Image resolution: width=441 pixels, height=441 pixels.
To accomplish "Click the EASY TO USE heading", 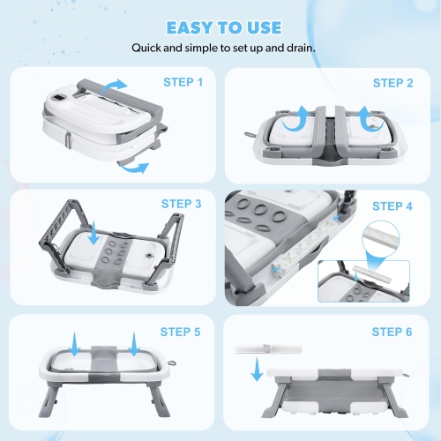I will click(220, 27).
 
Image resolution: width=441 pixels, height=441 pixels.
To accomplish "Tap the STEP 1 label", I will click(183, 82).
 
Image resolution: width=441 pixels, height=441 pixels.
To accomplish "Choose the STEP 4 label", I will click(393, 206).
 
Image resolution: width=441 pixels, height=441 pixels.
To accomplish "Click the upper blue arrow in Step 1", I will click(112, 85).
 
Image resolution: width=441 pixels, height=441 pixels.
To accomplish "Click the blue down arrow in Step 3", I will click(93, 235).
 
